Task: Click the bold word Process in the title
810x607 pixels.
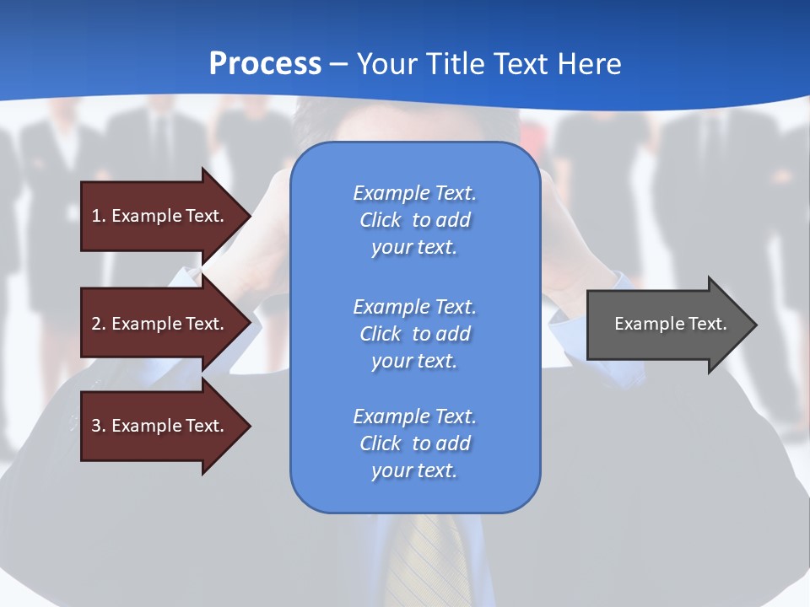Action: (265, 64)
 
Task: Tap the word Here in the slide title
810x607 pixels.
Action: (589, 64)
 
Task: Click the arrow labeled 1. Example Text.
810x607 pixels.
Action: (160, 216)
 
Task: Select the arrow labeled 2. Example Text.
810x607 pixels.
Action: (160, 324)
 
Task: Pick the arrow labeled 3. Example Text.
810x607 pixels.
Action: (160, 426)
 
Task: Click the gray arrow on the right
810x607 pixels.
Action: (667, 324)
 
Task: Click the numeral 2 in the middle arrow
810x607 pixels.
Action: (96, 324)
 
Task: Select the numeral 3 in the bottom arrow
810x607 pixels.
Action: (96, 426)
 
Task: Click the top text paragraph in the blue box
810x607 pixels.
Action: (414, 220)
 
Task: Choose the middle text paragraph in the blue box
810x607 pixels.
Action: (414, 334)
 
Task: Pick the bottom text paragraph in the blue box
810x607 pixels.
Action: (414, 443)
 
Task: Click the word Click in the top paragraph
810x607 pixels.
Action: (380, 220)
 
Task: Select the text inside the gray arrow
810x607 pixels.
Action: (670, 324)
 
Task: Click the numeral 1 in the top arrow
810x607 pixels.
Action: (96, 216)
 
